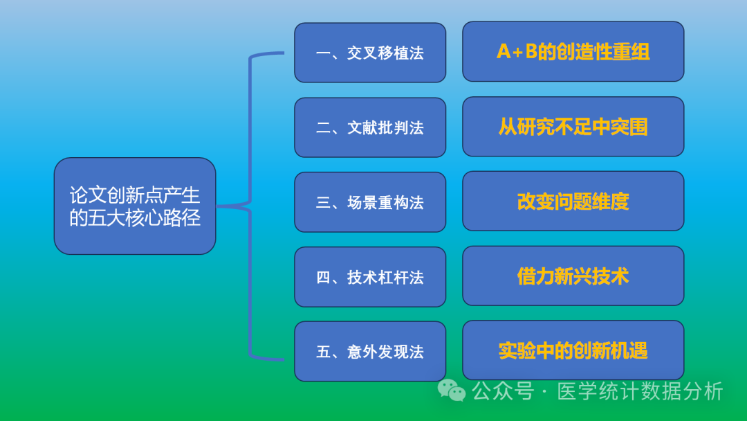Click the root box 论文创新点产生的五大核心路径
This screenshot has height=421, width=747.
[x=135, y=206]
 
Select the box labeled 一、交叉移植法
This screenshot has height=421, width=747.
[x=370, y=53]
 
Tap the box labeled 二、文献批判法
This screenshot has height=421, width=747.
[x=370, y=127]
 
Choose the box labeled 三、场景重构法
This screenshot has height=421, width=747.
[x=370, y=202]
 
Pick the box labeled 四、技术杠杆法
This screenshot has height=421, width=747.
[x=370, y=277]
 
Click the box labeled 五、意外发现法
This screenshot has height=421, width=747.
[x=370, y=352]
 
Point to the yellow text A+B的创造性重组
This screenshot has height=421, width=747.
[x=573, y=52]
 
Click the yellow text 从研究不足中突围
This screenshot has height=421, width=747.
[x=573, y=127]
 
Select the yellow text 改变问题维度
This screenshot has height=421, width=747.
[x=573, y=201]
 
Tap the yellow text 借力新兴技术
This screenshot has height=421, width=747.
[x=573, y=276]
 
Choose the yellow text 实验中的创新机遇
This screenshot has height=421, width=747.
[x=573, y=351]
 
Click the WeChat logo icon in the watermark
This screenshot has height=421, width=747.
[x=452, y=391]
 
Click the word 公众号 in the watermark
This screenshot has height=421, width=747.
[x=503, y=391]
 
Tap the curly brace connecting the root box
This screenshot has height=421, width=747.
[x=250, y=206]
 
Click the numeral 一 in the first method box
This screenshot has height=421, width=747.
[x=323, y=53]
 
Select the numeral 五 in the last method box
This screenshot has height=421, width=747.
[x=323, y=352]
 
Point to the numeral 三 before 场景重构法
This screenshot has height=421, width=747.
[x=323, y=203]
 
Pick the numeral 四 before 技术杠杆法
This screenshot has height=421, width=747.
[x=323, y=278]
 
